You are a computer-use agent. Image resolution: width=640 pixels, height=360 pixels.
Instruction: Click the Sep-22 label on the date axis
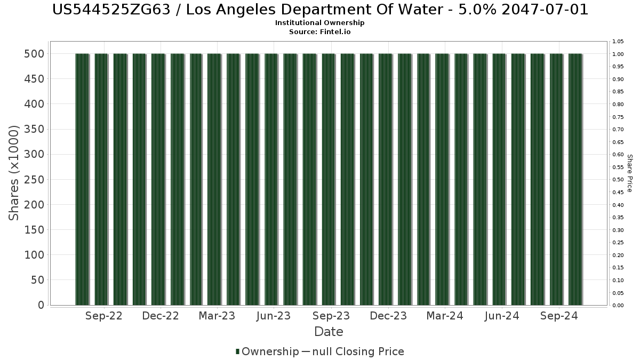(x=103, y=316)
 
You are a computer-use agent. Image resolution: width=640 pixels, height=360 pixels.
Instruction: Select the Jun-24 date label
(x=502, y=316)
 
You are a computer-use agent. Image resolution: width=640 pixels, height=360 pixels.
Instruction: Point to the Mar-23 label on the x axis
(x=217, y=316)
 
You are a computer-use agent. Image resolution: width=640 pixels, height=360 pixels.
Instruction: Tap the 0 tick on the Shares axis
(x=41, y=305)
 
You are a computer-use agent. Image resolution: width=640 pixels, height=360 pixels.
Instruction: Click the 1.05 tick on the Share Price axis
(x=618, y=41)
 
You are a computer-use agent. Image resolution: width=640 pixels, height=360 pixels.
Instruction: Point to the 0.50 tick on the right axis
(x=618, y=180)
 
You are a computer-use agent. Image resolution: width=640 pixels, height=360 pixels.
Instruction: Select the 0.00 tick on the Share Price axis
(x=618, y=306)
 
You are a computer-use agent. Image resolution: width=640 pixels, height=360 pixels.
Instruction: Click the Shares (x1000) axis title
(x=14, y=173)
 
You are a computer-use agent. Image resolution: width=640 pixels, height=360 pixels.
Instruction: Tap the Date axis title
(x=329, y=332)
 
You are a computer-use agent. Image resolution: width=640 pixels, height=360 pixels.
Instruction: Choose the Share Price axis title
(x=629, y=173)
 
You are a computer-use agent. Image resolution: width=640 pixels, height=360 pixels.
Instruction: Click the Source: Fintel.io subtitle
(x=320, y=32)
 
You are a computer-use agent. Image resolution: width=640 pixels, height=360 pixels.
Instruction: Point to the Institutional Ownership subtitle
(x=320, y=23)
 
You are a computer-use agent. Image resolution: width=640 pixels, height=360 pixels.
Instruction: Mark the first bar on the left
(x=82, y=179)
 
